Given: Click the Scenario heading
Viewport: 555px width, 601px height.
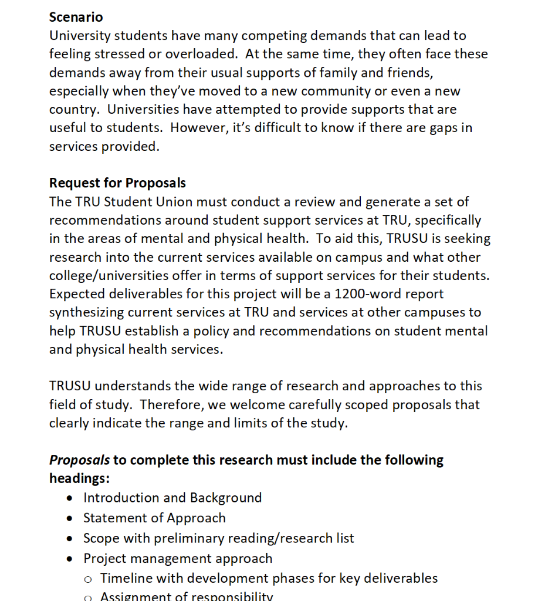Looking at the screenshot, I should coord(76,17).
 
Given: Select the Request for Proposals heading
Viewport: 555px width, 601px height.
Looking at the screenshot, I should coord(117,183).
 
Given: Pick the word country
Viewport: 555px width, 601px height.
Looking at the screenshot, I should coord(72,110).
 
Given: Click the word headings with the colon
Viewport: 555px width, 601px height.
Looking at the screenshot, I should coord(79,478).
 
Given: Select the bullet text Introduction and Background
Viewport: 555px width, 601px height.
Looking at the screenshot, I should coord(172,498).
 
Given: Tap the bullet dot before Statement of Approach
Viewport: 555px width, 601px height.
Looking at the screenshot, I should coord(70,518).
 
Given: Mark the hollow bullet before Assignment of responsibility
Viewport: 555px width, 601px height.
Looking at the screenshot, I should coord(87,597).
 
